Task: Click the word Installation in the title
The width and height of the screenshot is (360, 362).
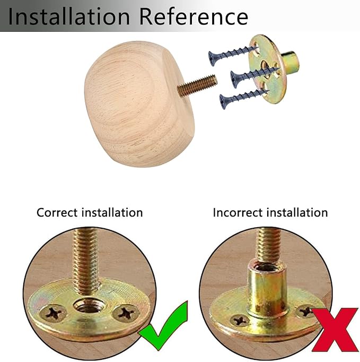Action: pyautogui.click(x=69, y=16)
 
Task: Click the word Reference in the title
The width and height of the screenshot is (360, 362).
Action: pyautogui.click(x=194, y=16)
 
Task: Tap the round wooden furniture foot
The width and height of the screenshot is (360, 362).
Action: pyautogui.click(x=139, y=104)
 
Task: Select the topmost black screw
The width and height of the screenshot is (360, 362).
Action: pyautogui.click(x=233, y=55)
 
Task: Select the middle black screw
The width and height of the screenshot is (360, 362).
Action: pyautogui.click(x=255, y=76)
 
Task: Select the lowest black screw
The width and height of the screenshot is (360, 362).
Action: pyautogui.click(x=244, y=98)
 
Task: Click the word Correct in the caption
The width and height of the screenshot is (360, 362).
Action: pyautogui.click(x=57, y=212)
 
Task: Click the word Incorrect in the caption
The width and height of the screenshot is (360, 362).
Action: pyautogui.click(x=238, y=213)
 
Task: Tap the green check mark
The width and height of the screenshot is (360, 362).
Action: pyautogui.click(x=163, y=325)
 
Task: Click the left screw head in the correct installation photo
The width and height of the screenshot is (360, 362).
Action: pyautogui.click(x=53, y=313)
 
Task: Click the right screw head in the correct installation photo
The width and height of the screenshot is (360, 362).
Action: pyautogui.click(x=126, y=313)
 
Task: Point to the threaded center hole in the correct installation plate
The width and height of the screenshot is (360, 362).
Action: pyautogui.click(x=90, y=305)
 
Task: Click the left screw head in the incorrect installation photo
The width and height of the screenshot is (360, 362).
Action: pyautogui.click(x=240, y=321)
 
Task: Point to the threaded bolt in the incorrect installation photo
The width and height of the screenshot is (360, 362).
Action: pyautogui.click(x=269, y=245)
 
